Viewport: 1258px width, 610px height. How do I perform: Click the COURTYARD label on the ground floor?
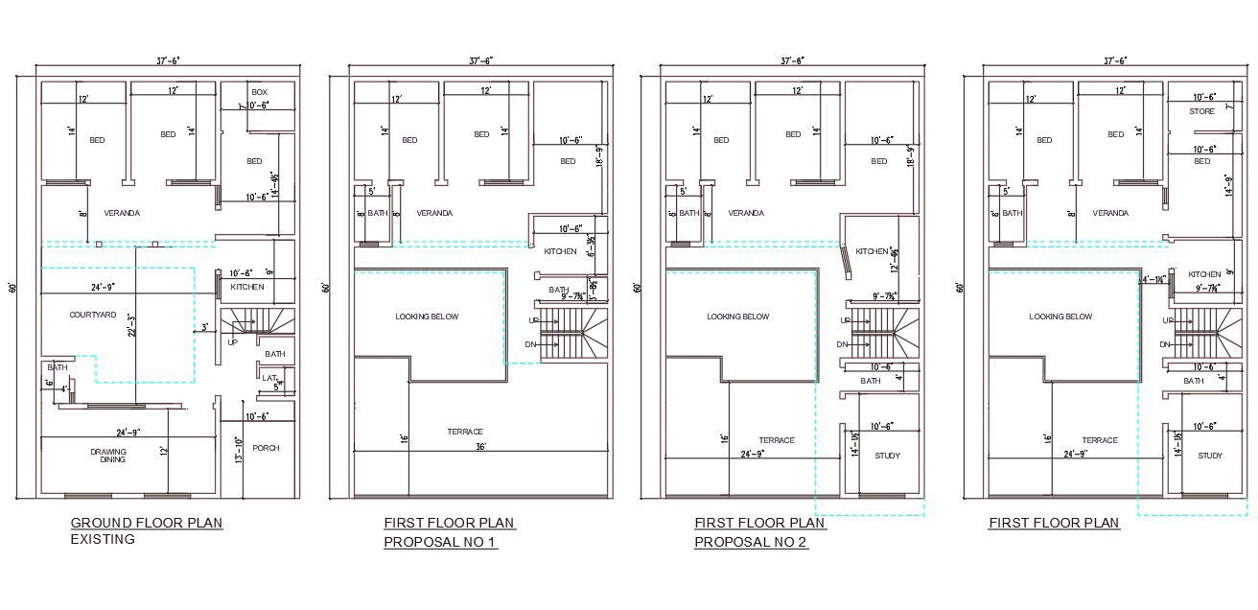click(x=93, y=315)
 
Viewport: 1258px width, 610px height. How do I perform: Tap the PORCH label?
click(x=266, y=448)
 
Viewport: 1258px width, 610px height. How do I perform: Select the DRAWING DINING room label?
click(x=108, y=456)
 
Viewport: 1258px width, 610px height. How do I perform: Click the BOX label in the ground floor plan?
click(x=259, y=92)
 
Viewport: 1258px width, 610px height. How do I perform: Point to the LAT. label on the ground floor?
click(x=269, y=378)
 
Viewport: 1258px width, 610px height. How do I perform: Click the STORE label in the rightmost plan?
click(x=1202, y=112)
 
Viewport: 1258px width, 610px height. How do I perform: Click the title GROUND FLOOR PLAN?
click(x=146, y=523)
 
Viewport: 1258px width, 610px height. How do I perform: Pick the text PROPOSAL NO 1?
click(x=440, y=543)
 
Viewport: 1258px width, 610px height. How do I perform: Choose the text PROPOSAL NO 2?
click(x=751, y=543)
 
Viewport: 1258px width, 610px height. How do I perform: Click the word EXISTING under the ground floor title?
click(x=103, y=539)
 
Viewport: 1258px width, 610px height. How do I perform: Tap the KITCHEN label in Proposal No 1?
click(x=560, y=251)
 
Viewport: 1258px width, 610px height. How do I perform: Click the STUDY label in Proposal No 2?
click(x=887, y=456)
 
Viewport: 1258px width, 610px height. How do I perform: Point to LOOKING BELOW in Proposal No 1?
click(x=427, y=317)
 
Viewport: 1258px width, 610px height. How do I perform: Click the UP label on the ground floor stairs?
click(x=232, y=341)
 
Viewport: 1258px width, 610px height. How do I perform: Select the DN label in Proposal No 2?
click(x=843, y=344)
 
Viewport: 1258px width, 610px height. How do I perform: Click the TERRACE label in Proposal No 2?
click(x=777, y=440)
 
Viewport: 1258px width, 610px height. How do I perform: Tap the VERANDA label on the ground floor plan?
click(x=122, y=213)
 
